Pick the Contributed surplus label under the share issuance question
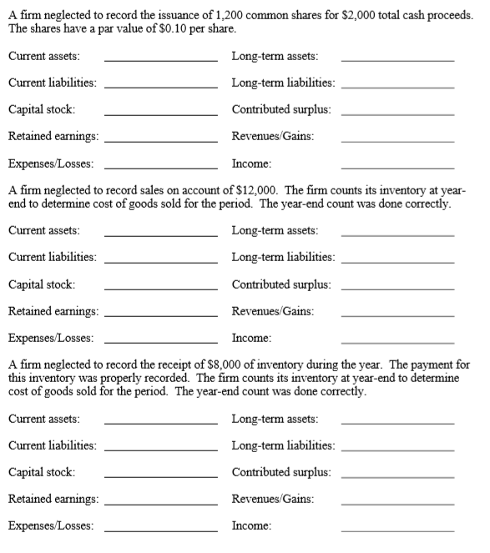[280, 109]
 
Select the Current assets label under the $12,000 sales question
[43, 230]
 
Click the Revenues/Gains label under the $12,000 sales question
[273, 310]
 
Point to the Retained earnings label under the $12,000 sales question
[53, 310]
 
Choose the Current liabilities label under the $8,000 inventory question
[51, 445]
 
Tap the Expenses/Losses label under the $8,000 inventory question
[50, 525]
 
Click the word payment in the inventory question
[431, 364]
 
